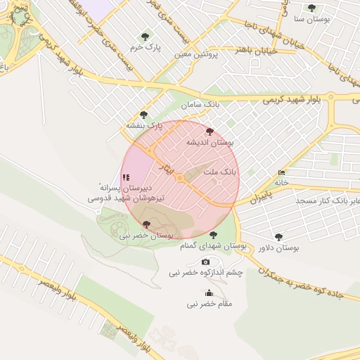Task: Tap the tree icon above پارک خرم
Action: pos(145,35)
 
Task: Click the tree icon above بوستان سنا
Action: pos(311,8)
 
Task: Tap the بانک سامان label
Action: pos(200,105)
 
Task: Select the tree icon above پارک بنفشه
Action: pos(144,114)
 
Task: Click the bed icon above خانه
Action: pos(282,172)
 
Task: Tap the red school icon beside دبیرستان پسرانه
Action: pos(126,178)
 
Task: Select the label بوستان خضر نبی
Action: pos(146,236)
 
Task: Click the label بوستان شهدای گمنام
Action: pos(213,246)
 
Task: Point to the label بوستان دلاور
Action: pos(279,248)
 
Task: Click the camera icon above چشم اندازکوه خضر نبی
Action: pos(205,262)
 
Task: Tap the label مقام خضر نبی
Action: pos(209,304)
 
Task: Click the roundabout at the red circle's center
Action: pos(181,179)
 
